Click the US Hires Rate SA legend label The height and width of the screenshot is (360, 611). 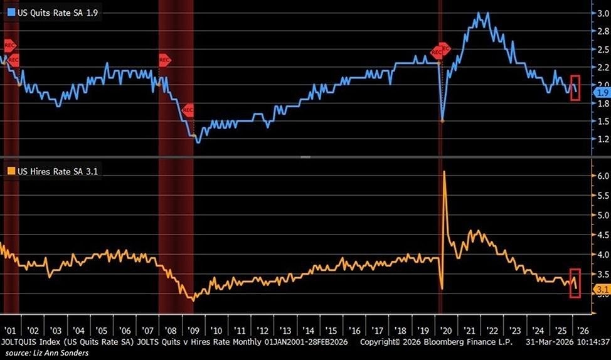(x=48, y=171)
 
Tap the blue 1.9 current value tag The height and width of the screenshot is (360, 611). (x=601, y=93)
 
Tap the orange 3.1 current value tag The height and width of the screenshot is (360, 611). (x=601, y=290)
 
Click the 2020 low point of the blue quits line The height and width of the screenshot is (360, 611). (x=442, y=120)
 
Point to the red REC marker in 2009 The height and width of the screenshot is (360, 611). (x=188, y=110)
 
